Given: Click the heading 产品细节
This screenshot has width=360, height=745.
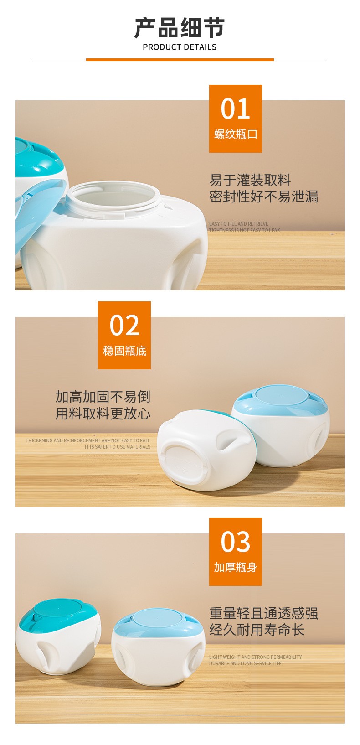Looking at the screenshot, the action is coord(180,28).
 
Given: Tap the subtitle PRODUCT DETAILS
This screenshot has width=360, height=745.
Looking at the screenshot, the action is coord(180,47).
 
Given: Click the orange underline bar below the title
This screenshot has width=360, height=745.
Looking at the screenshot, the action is coord(180,60).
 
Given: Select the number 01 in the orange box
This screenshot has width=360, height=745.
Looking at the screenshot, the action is coord(235,109).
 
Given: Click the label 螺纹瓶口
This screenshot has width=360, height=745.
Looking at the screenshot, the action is coord(235,135).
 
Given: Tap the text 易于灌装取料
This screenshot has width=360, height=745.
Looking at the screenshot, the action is coord(250,180).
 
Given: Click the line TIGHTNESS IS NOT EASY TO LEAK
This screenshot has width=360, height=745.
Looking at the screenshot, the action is coord(244,230).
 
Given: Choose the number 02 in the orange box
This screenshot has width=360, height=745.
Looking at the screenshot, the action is coord(124,325).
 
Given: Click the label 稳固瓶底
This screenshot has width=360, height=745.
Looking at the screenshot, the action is coord(124,351).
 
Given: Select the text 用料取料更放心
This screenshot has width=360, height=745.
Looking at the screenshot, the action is coord(103,414).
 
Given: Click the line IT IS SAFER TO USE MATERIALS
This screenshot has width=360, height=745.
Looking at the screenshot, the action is coord(117,447).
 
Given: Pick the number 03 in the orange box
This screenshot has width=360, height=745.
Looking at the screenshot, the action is coord(235,542).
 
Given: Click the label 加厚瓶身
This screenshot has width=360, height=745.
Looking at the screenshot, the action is coord(235,567).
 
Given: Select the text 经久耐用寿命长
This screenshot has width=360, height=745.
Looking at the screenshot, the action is coord(257,630).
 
